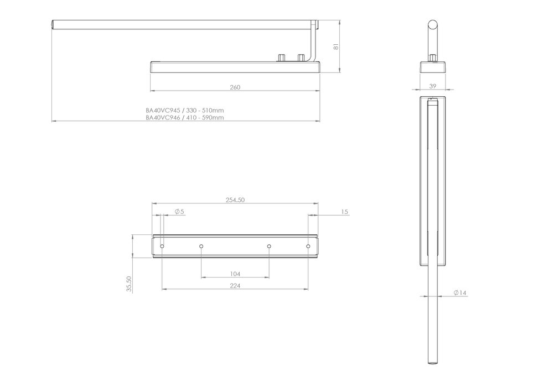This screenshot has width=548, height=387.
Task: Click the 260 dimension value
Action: [235, 87]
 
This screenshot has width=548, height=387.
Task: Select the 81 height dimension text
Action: [335, 47]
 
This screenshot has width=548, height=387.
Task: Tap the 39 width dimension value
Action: [433, 85]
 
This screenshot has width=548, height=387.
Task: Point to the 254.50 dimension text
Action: [235, 200]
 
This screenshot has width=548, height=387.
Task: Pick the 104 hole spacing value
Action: [235, 274]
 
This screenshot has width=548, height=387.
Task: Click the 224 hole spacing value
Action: [235, 286]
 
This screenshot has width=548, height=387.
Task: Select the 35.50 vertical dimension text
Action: [128, 284]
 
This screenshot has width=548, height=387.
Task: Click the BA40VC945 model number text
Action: [162, 111]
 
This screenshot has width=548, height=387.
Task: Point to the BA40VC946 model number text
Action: [162, 118]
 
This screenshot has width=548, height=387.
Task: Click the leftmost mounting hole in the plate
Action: [162, 246]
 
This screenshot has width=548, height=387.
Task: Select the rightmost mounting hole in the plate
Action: [308, 246]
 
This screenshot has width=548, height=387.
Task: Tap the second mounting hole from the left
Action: [201, 246]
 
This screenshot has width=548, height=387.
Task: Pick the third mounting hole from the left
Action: [269, 246]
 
